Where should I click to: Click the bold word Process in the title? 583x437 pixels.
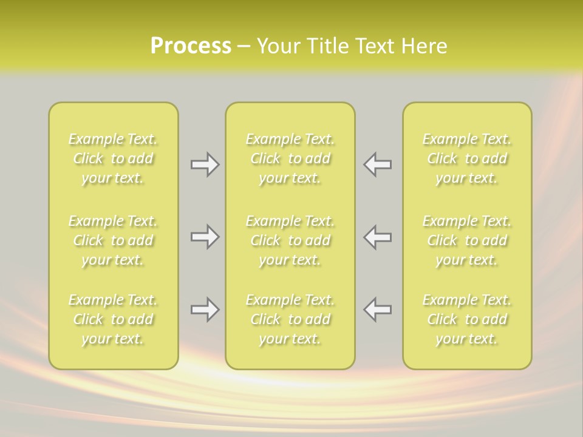click(x=191, y=46)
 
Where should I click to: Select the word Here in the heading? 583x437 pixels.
click(x=423, y=46)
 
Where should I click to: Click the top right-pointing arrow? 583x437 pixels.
click(x=205, y=164)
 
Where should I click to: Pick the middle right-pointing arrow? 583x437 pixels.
click(x=205, y=237)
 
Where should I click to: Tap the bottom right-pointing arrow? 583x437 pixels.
click(x=205, y=310)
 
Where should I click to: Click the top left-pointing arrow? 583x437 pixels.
click(x=377, y=164)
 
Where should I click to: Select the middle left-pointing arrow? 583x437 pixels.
click(x=377, y=237)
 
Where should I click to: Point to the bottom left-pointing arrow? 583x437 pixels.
click(x=377, y=310)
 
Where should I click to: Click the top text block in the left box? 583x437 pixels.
click(x=113, y=158)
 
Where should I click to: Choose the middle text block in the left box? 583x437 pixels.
click(x=113, y=240)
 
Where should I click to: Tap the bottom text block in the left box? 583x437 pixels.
click(x=113, y=319)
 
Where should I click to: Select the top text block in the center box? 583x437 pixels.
click(x=290, y=158)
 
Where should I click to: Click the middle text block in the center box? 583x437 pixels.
click(x=290, y=240)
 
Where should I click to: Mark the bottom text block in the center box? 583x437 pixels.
click(x=290, y=319)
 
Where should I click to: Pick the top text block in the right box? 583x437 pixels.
click(x=466, y=158)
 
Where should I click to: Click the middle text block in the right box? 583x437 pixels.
click(x=466, y=240)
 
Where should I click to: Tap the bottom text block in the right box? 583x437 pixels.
click(x=466, y=319)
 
